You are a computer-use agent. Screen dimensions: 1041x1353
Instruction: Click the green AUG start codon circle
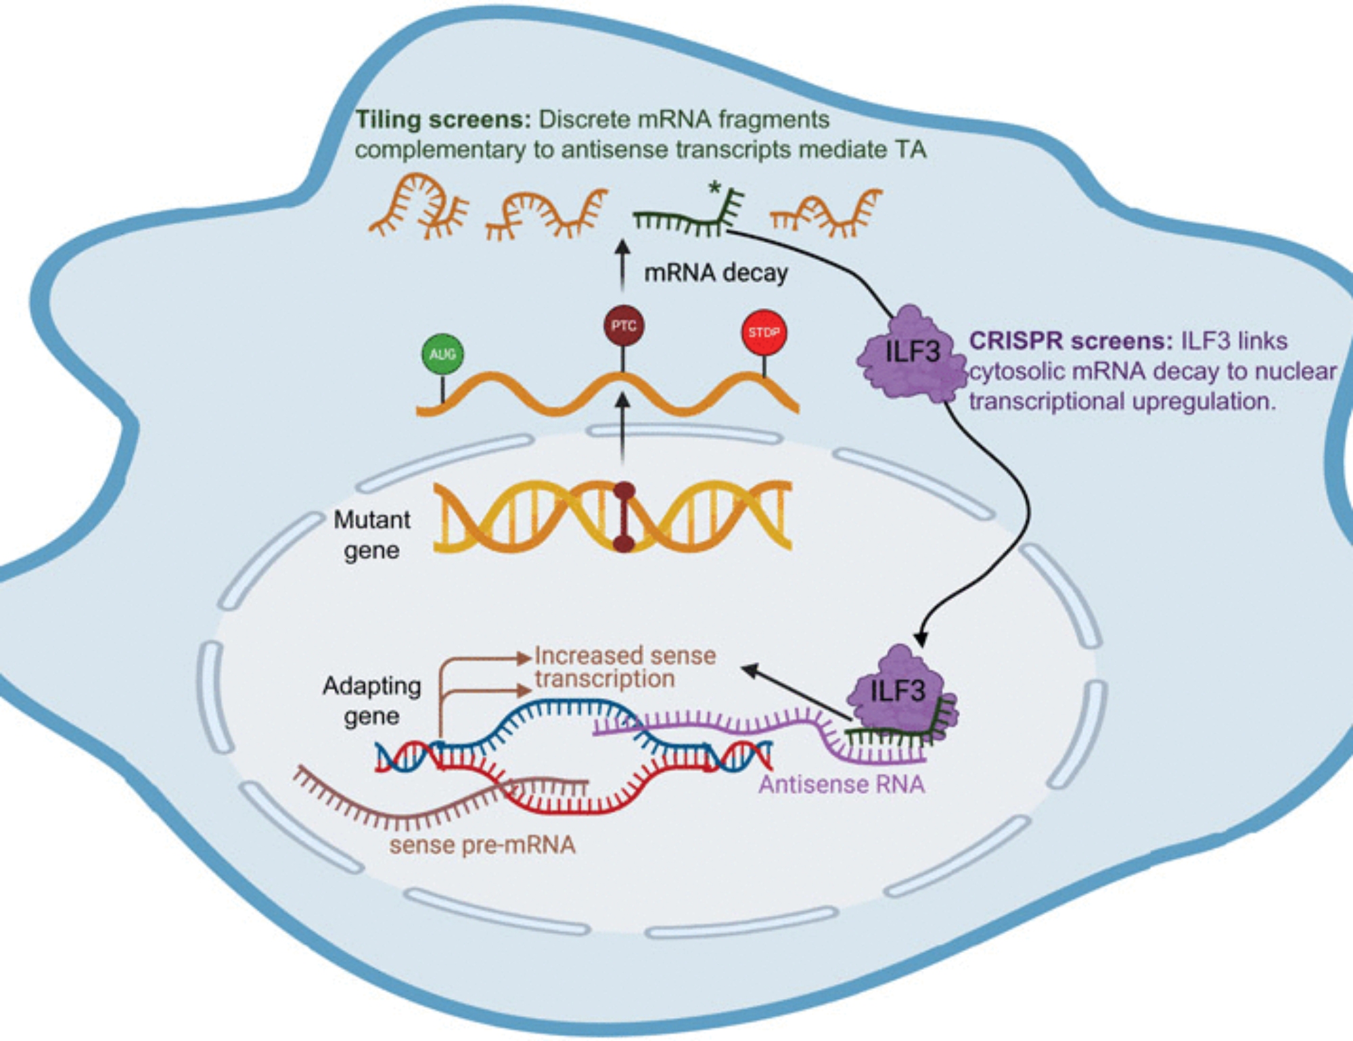pyautogui.click(x=442, y=353)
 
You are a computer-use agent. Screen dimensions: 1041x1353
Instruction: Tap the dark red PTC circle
pyautogui.click(x=623, y=326)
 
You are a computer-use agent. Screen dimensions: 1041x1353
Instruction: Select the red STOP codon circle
pyautogui.click(x=764, y=332)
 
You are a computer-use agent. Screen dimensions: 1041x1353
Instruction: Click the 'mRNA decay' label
pyautogui.click(x=716, y=273)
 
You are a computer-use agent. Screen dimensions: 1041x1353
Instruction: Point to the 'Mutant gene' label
pyautogui.click(x=371, y=535)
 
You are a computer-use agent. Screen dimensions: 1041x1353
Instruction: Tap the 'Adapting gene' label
pyautogui.click(x=371, y=701)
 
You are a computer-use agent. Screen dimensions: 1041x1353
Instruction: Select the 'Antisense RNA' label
pyautogui.click(x=841, y=784)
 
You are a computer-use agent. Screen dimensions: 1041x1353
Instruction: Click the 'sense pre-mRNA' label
pyautogui.click(x=482, y=845)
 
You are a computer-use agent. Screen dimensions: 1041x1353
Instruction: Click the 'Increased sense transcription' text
pyautogui.click(x=624, y=667)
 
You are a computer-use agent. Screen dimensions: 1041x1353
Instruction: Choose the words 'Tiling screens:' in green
pyautogui.click(x=443, y=120)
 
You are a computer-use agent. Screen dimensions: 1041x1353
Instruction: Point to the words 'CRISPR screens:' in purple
pyautogui.click(x=1070, y=340)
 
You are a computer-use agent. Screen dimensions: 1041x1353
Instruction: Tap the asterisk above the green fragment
pyautogui.click(x=714, y=188)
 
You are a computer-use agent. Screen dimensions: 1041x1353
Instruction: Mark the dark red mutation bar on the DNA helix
pyautogui.click(x=624, y=517)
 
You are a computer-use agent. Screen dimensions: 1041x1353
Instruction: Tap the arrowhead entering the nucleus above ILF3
pyautogui.click(x=920, y=638)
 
